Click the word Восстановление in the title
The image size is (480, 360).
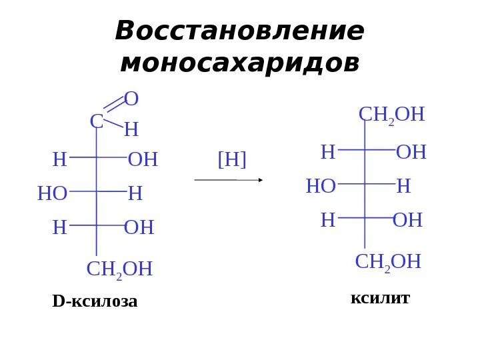tap(239, 31)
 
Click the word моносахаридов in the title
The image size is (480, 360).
tap(239, 63)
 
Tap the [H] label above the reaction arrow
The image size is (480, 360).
tap(232, 159)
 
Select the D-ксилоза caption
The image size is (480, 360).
tap(95, 301)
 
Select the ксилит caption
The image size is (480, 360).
tap(380, 298)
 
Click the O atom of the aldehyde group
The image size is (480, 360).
tap(131, 99)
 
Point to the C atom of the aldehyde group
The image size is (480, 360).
tap(97, 122)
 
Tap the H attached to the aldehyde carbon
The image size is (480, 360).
tap(131, 130)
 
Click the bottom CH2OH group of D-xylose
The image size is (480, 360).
tap(120, 269)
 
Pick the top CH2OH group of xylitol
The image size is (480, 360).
tap(391, 115)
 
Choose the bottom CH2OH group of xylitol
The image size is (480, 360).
tap(388, 262)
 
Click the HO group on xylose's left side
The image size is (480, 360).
tap(53, 194)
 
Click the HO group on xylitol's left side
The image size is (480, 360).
tap(321, 187)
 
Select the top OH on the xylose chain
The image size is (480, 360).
tap(143, 160)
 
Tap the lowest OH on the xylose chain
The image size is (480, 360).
tap(139, 228)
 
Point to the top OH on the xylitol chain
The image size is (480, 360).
tap(411, 153)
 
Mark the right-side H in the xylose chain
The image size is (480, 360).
tap(135, 194)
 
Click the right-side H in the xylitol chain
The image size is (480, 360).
tap(403, 187)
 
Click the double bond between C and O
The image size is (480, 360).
tap(115, 105)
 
